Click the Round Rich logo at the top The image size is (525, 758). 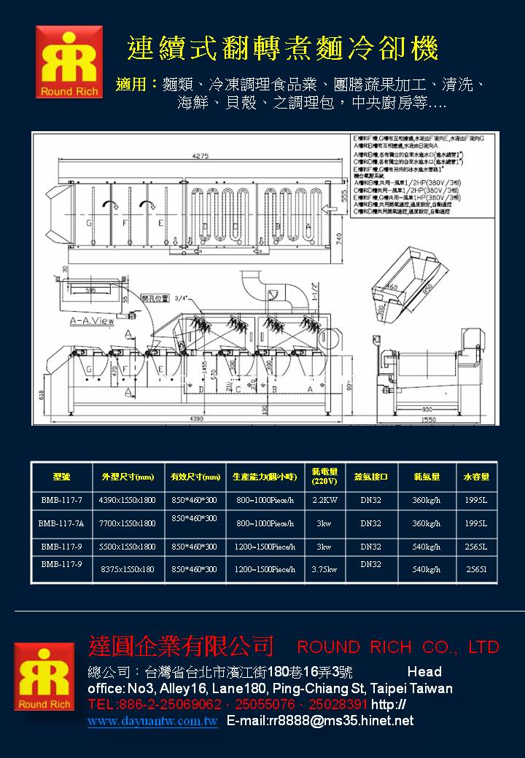point(69,62)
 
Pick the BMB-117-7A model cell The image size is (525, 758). point(61,523)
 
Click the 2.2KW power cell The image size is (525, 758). point(324,501)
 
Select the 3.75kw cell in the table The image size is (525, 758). point(324,569)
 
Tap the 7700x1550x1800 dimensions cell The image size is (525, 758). point(128,523)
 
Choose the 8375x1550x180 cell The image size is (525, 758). point(128,569)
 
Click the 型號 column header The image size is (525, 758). point(61,477)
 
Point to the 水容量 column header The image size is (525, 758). point(476,477)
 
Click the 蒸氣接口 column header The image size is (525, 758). point(370,477)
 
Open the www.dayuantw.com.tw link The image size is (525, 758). point(152,722)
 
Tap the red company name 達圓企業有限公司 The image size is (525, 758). point(181,646)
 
